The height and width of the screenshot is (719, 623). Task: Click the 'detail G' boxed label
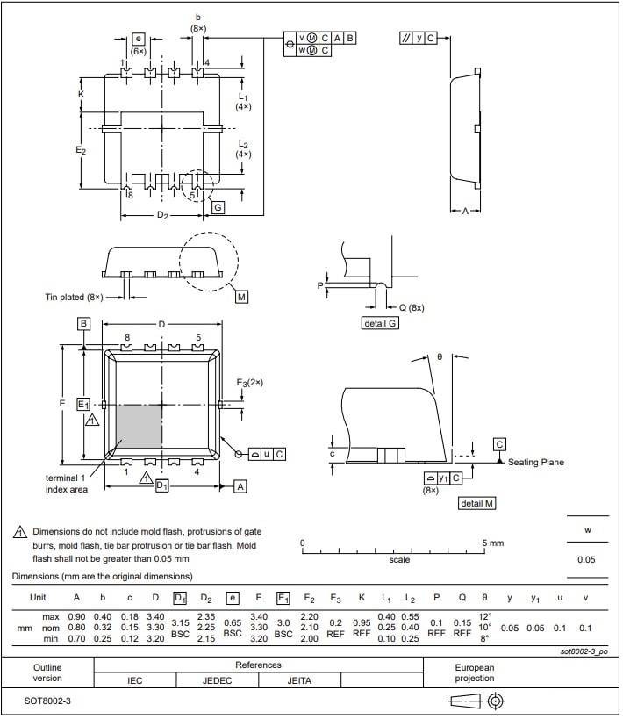click(x=381, y=323)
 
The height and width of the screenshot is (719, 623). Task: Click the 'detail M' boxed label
click(x=476, y=503)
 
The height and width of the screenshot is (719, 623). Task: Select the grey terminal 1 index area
click(x=138, y=427)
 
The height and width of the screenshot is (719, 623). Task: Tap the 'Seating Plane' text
click(x=536, y=462)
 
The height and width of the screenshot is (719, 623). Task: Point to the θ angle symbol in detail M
click(x=440, y=357)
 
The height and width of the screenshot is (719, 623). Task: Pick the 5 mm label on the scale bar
click(x=493, y=543)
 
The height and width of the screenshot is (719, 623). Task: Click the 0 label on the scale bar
click(x=303, y=543)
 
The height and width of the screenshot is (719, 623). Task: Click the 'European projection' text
click(x=475, y=672)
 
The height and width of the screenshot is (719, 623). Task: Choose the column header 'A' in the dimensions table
click(x=76, y=597)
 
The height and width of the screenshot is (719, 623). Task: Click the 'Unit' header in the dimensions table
click(x=38, y=597)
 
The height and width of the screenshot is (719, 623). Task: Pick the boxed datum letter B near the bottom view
click(x=83, y=324)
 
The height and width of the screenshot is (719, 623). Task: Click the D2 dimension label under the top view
click(x=162, y=216)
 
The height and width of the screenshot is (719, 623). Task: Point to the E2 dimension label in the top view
click(x=81, y=150)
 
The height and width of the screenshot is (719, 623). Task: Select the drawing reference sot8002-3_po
click(x=583, y=651)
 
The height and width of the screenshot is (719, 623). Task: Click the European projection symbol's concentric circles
click(x=496, y=701)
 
